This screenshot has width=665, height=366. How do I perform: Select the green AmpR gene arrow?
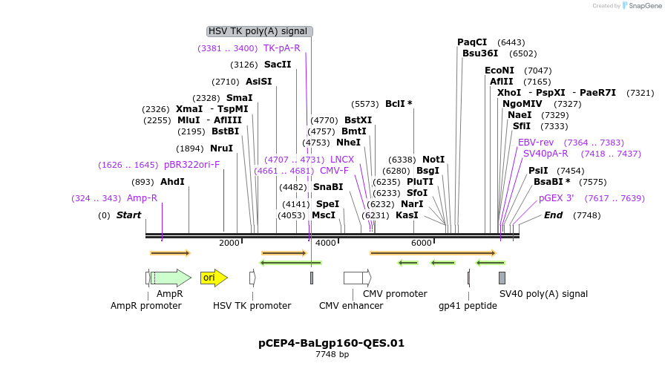coord(171,278)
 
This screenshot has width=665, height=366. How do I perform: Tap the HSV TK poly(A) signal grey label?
coord(258,31)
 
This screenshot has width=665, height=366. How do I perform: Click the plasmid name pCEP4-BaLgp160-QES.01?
coord(332,343)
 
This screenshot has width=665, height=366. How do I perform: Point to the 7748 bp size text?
coord(332,355)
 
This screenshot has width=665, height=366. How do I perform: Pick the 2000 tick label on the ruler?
coord(229,243)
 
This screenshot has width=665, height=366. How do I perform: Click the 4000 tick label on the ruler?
coord(325,243)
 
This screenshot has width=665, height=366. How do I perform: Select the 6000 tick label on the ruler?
coord(421,243)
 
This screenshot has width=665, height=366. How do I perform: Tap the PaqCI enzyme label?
coord(472,42)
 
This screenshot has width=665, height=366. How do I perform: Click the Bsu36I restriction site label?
coord(480,53)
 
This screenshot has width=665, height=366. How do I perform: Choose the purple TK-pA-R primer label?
coord(282,48)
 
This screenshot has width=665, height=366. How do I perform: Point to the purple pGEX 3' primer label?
coord(557,198)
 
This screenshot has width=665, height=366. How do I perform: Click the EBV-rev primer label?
coord(536,143)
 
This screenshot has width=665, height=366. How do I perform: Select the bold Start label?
coord(128,215)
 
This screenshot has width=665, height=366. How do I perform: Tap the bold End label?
coord(554,215)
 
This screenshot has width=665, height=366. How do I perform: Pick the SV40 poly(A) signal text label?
coord(543,294)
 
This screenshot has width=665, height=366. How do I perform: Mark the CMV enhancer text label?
coord(351,305)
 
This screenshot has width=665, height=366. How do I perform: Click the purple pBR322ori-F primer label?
coord(192,165)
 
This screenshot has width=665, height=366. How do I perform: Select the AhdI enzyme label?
coord(172,182)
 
